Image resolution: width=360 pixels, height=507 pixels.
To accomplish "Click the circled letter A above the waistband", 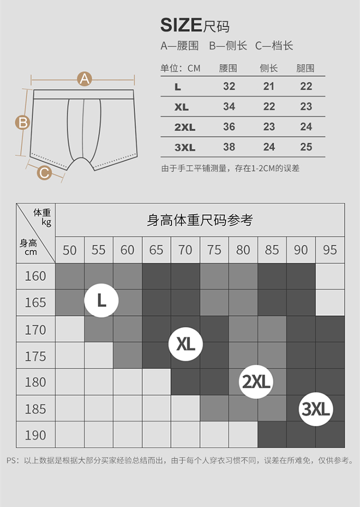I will coord(84,79).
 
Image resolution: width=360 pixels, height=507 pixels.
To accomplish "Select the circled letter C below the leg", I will coord(44,172).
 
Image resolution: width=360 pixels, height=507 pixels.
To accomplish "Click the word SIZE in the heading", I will coord(181,25).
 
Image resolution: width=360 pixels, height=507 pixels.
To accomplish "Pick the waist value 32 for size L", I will coord(229,86).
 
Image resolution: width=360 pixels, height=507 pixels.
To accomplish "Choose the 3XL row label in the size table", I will coord(185,147).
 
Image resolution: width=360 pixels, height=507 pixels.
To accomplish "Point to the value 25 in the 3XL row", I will coord(306,147).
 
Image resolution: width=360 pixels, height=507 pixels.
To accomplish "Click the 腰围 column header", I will coord(228,68).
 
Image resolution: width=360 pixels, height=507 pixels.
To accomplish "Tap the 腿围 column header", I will coord(305,68).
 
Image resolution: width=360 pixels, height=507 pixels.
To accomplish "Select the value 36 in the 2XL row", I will coord(229,127).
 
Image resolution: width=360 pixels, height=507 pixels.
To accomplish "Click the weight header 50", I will coord(70,250).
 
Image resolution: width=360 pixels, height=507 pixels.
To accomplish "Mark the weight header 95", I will coord(330,250).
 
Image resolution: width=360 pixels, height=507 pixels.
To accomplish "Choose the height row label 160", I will coord(36,276).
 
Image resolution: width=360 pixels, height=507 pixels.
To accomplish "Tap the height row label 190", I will coord(36,435).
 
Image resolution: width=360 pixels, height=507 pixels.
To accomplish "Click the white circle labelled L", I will coord(101,301).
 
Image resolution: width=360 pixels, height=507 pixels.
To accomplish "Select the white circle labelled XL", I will coord(186,344).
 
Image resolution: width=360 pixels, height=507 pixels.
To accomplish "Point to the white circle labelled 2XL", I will coord(256,382).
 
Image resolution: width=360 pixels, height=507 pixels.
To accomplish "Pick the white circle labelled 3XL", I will coord(316,410).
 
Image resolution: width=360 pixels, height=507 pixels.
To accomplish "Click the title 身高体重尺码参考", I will coord(200,220).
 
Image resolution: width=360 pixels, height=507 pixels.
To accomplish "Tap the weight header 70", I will coord(185,250).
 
